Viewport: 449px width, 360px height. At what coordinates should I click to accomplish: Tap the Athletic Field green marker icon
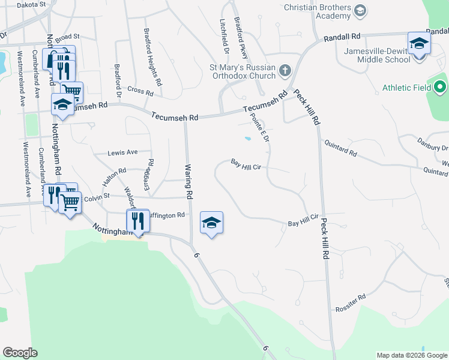point(440,88)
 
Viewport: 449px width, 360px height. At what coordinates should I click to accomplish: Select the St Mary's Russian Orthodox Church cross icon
point(285,71)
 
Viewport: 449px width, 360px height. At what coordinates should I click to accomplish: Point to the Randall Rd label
point(342,37)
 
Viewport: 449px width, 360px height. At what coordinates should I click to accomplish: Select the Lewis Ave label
point(122,152)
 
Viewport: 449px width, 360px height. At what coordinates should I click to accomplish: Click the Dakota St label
point(31,5)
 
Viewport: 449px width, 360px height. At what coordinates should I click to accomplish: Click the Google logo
point(20,353)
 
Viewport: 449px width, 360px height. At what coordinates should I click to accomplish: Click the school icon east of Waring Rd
point(211,223)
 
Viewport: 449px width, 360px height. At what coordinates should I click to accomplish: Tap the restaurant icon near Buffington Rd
point(139,221)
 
